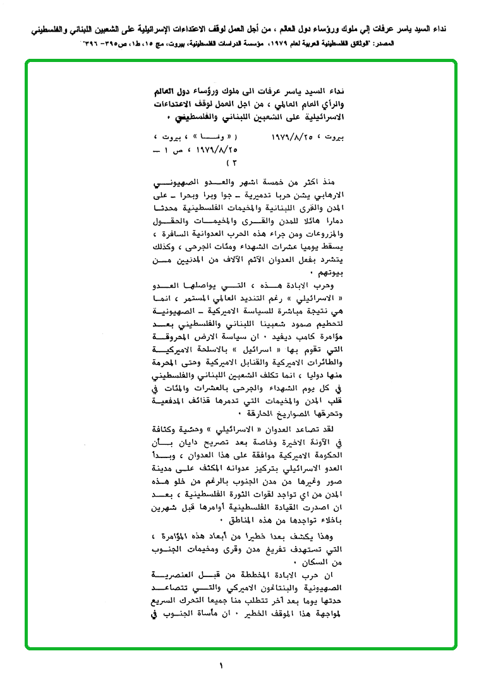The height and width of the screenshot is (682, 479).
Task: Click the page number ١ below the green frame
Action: [x=221, y=666]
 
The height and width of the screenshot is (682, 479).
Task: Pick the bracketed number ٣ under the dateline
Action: [x=231, y=163]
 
